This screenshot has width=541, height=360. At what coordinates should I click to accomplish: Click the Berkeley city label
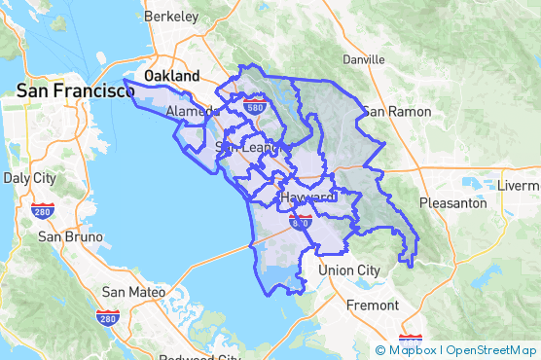coord(170,17)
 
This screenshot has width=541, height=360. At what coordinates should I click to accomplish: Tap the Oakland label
coord(171,75)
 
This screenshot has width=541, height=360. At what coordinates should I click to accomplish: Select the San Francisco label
coord(75,90)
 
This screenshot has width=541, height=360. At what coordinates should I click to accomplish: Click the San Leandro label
coord(247,147)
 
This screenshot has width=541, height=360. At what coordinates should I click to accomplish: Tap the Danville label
coord(364,59)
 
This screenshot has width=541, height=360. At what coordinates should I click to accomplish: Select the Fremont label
coord(373,305)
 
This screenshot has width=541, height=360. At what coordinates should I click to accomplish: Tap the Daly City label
coord(29,178)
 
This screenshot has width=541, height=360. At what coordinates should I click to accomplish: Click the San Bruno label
coord(63,235)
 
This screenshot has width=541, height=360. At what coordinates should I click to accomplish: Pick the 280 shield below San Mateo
coord(108,317)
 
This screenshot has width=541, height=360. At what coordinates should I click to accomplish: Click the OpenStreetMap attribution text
coord(491,349)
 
